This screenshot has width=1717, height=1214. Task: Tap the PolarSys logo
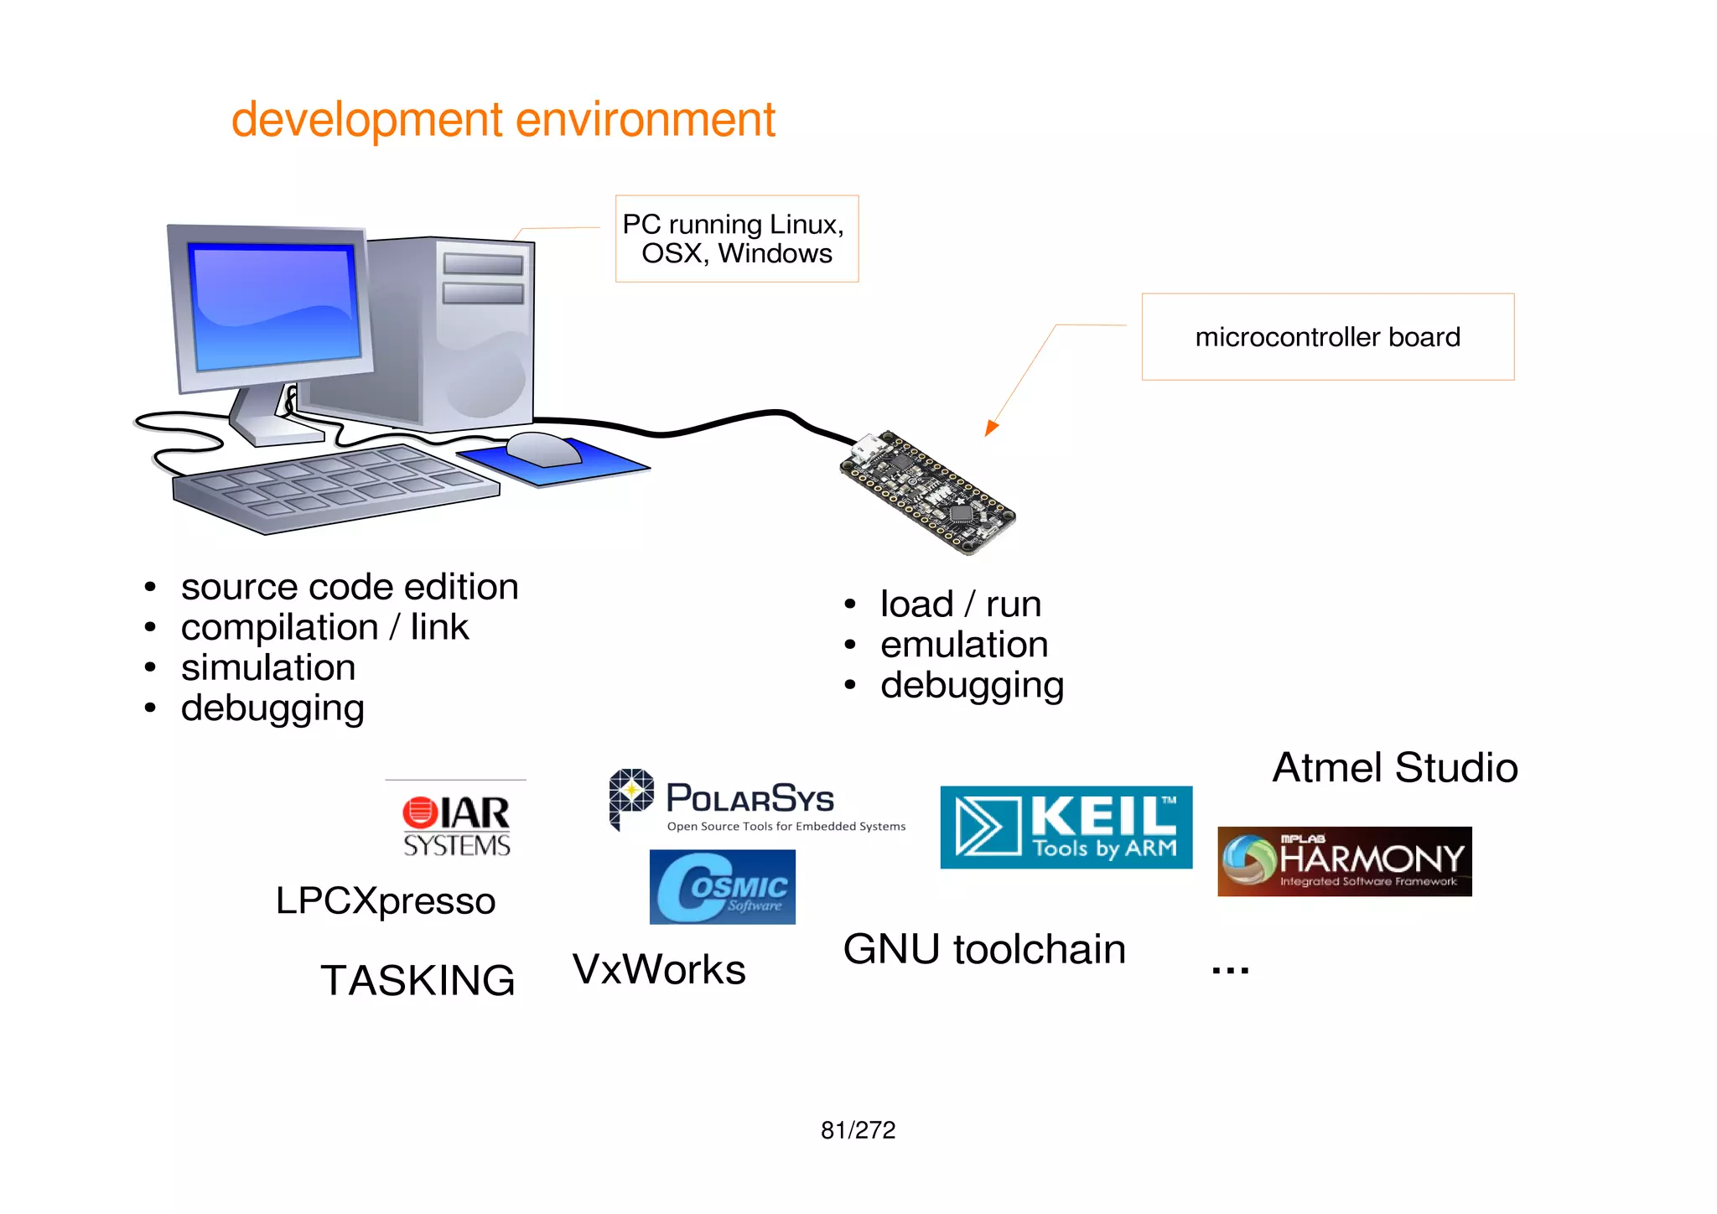click(755, 802)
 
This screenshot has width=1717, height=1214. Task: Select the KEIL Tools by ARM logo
click(1066, 827)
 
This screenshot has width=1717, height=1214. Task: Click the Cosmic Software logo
click(722, 887)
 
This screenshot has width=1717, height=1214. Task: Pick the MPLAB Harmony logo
click(1344, 861)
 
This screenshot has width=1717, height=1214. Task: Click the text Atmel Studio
click(1394, 768)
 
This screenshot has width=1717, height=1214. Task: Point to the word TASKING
click(418, 980)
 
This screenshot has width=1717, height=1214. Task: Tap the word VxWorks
click(659, 969)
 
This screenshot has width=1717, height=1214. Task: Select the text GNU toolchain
click(984, 949)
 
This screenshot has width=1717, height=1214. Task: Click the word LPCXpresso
click(386, 900)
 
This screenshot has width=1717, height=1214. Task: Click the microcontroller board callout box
click(1327, 337)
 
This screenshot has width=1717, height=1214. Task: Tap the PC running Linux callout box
click(736, 239)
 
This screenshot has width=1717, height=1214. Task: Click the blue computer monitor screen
click(274, 306)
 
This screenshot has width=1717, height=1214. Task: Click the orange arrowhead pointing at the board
click(991, 428)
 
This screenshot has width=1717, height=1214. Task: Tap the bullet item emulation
click(963, 645)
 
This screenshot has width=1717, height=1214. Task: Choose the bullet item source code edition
click(349, 587)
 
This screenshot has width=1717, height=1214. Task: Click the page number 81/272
click(858, 1130)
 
